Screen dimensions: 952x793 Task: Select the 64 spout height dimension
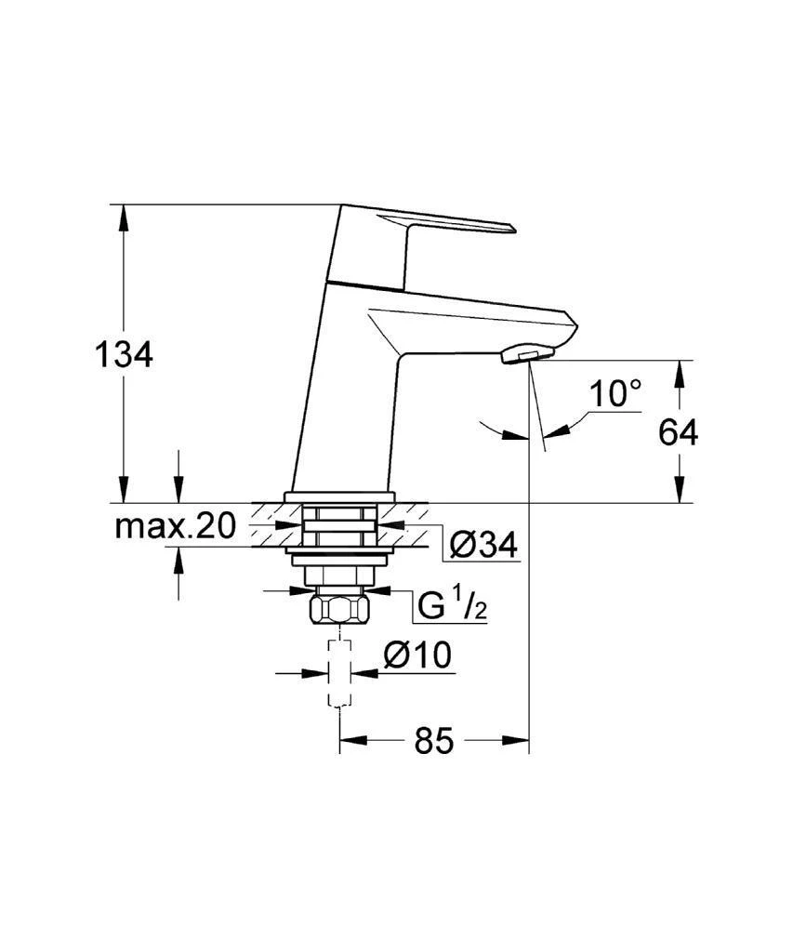679,432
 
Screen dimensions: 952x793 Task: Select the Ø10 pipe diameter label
417,655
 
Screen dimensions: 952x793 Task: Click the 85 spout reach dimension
433,741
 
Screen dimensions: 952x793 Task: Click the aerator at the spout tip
526,354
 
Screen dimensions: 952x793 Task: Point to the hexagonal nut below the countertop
341,610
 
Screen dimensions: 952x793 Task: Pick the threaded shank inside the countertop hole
341,525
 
